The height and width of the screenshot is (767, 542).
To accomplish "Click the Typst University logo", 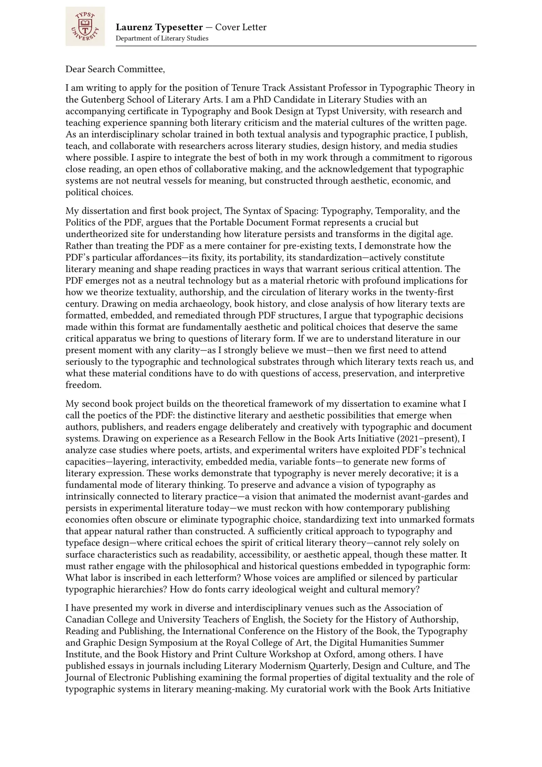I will [x=85, y=26].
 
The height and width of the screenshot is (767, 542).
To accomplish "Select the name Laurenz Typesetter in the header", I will [x=159, y=28].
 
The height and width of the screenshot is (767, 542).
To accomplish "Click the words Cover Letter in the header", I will [x=241, y=28].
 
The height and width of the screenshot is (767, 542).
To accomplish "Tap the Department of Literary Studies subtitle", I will [x=162, y=38].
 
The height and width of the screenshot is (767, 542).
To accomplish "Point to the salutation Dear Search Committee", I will [x=115, y=69].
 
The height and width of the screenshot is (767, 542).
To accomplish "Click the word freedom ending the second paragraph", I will [x=83, y=385].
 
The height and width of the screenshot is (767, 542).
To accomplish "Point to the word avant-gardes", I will [x=444, y=497].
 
